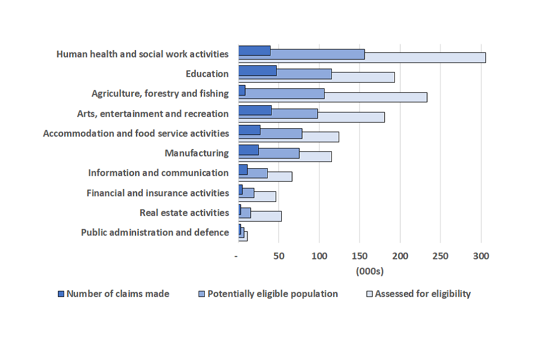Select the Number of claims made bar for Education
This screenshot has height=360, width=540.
click(257, 70)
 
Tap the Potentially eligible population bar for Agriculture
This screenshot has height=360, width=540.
click(285, 93)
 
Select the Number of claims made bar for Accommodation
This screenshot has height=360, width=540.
click(249, 130)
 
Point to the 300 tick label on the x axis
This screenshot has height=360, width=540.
click(481, 256)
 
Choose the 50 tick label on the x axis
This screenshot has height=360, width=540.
click(278, 256)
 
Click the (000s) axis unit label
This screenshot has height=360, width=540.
click(370, 271)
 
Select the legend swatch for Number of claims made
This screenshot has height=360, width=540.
click(61, 294)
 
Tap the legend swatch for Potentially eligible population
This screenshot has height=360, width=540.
click(202, 294)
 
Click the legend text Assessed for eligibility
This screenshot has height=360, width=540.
click(422, 294)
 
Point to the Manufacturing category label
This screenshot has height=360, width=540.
click(196, 153)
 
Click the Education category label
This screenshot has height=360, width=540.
click(207, 74)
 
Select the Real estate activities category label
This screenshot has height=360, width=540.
click(184, 213)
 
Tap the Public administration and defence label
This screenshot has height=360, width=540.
click(155, 232)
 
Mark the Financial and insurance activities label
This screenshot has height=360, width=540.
click(157, 193)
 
